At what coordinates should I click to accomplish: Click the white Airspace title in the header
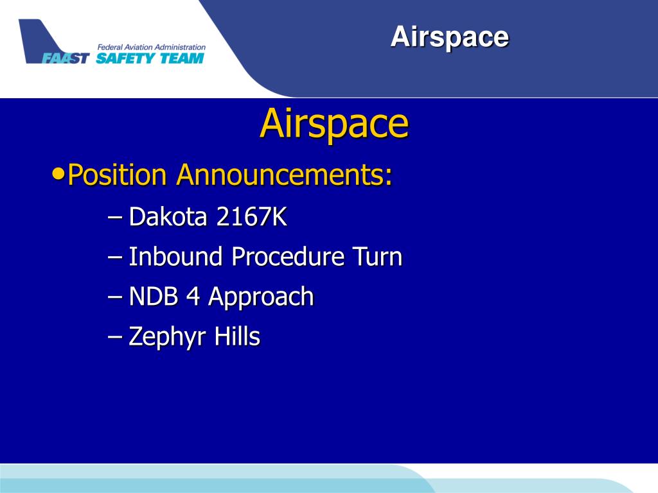449,38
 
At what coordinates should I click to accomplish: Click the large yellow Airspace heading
334,124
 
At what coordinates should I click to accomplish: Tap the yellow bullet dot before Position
58,172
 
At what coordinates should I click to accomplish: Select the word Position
117,174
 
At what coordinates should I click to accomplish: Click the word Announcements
284,174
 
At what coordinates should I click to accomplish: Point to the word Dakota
168,216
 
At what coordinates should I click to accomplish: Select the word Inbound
175,256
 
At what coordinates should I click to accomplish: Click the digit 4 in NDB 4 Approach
193,296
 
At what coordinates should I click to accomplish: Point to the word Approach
261,297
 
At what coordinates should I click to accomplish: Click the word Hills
237,336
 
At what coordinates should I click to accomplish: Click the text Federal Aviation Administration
152,47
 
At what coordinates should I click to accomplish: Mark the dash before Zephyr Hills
114,336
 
